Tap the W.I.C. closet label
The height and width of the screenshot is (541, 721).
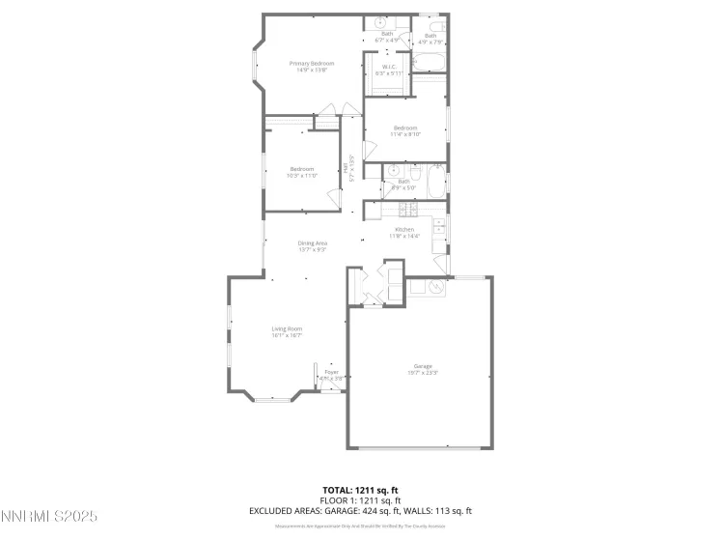coord(387,67)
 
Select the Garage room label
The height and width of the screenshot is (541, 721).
coord(423,366)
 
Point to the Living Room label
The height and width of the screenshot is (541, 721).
coord(287,328)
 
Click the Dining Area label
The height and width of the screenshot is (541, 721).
coord(312,243)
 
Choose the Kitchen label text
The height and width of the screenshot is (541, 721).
coord(404,229)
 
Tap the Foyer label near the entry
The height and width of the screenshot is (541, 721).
coord(331,371)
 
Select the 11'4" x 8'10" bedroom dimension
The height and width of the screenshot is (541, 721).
coord(404,135)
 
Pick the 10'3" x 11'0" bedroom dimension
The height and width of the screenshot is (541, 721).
coord(302,176)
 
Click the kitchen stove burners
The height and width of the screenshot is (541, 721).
coord(406,210)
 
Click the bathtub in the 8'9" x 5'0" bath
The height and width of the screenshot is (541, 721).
coord(434,185)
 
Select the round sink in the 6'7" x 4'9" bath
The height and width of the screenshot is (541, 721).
coord(381,22)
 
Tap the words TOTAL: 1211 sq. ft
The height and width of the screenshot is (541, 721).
coord(360,490)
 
